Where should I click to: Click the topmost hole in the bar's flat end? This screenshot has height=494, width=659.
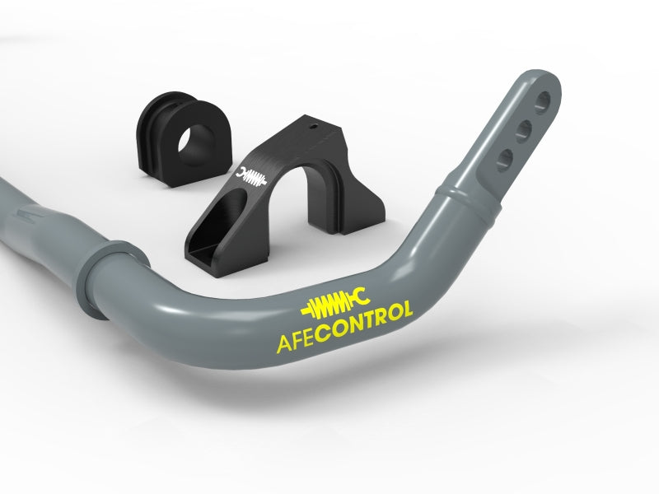pyautogui.click(x=542, y=103)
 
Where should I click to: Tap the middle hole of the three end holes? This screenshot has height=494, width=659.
pyautogui.click(x=523, y=129)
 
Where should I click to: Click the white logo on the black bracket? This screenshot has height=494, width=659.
pyautogui.click(x=253, y=175)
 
